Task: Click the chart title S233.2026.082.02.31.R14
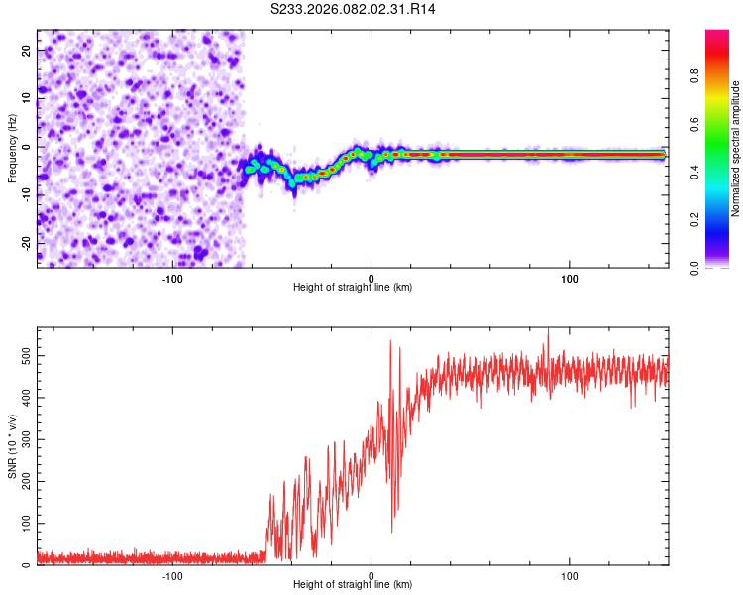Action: [354, 9]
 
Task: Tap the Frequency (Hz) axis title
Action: [13, 148]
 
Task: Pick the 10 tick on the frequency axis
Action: [27, 99]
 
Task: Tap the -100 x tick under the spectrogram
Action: [172, 278]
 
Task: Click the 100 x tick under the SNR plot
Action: [570, 575]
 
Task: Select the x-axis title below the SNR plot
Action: [353, 586]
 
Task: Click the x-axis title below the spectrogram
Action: [353, 288]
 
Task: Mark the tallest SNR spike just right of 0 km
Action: [390, 341]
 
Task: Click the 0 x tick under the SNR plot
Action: [371, 575]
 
